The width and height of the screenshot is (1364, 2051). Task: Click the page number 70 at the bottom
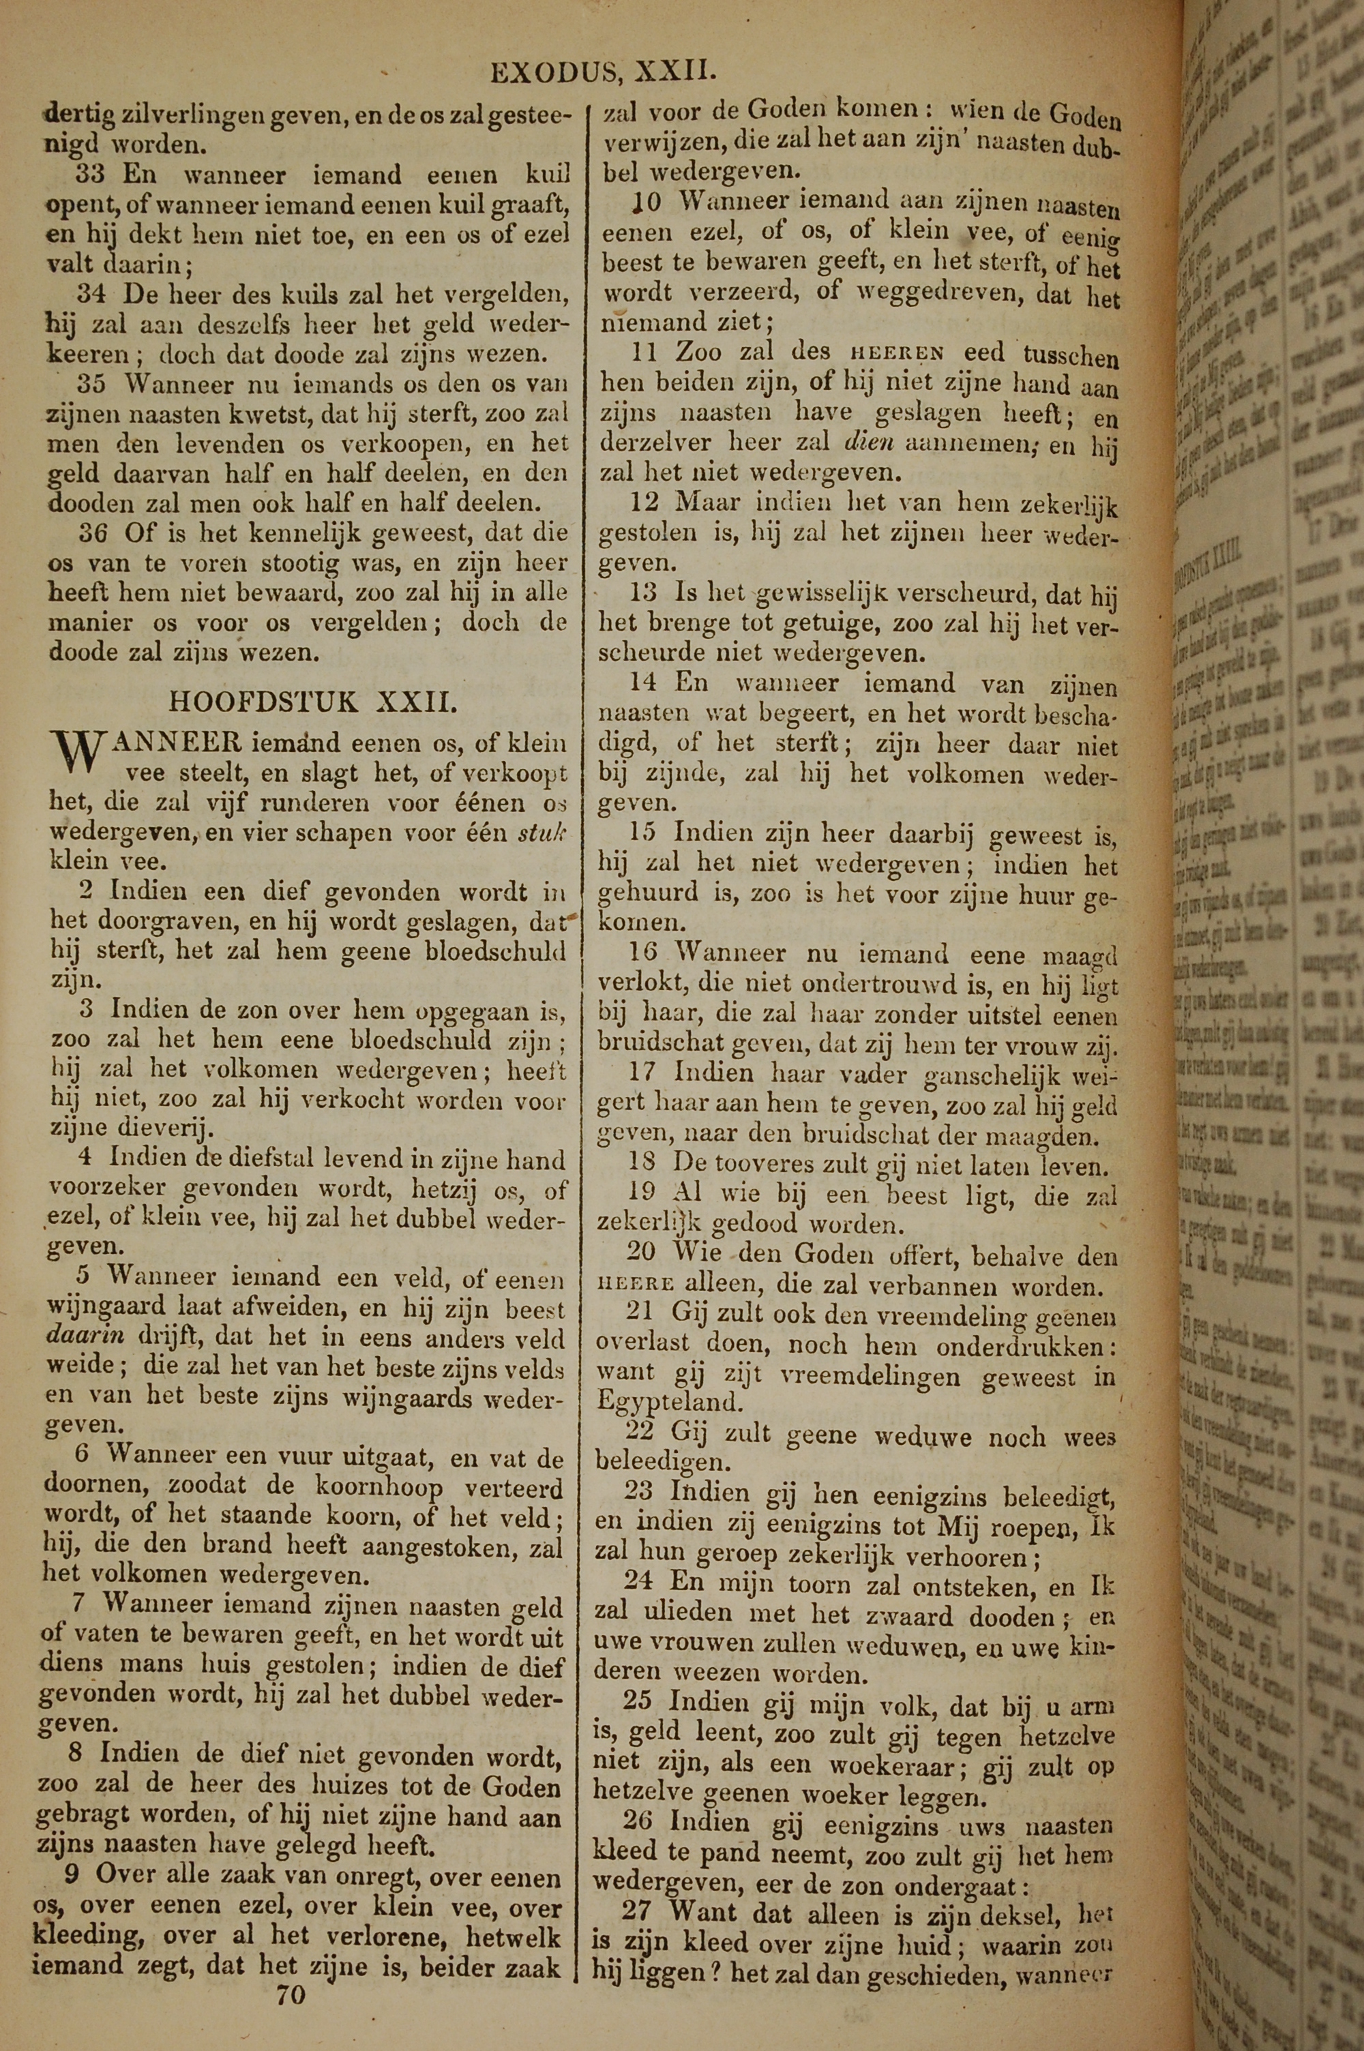point(291,1971)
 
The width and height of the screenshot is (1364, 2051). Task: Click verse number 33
point(91,175)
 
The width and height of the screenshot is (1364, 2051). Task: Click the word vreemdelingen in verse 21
point(874,1375)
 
